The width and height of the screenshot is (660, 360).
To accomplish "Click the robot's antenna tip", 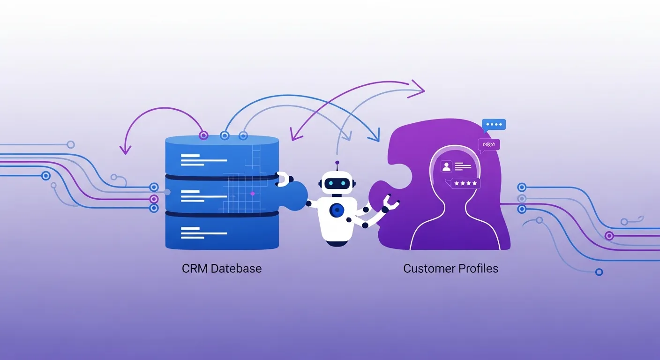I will (x=337, y=163).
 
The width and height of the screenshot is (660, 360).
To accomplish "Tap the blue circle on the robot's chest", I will (x=336, y=210).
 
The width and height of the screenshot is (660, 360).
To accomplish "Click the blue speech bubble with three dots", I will (x=494, y=125).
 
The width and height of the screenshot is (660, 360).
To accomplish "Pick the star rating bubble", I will (x=465, y=183).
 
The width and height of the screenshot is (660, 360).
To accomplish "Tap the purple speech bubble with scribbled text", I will (x=489, y=144).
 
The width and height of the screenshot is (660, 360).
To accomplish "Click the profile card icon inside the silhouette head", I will (x=446, y=166).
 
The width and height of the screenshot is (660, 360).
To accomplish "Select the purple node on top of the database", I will (x=203, y=135).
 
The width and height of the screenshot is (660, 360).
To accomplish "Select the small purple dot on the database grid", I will (x=252, y=193).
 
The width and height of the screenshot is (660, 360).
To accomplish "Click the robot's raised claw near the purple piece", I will (x=390, y=202).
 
